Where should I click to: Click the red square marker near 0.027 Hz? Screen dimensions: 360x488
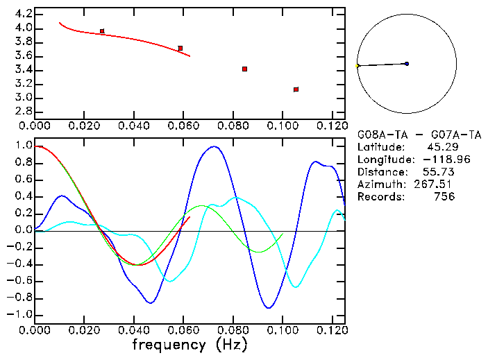click(102, 31)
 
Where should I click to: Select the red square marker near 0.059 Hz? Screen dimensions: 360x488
click(180, 48)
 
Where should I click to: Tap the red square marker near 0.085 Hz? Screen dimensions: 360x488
click(245, 69)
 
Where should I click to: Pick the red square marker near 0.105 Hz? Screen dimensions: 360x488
click(296, 89)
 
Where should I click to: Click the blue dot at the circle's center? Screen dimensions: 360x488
click(406, 64)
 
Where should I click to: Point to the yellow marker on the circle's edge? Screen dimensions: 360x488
click(357, 66)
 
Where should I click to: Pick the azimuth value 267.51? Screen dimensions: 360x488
click(438, 185)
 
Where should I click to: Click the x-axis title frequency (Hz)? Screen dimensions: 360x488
click(189, 345)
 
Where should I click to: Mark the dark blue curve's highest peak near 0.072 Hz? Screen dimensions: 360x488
click(214, 146)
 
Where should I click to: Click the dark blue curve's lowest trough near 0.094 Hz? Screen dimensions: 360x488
click(268, 307)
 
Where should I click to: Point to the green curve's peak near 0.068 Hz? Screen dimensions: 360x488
click(202, 205)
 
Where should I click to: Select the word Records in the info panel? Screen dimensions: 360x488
click(380, 197)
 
